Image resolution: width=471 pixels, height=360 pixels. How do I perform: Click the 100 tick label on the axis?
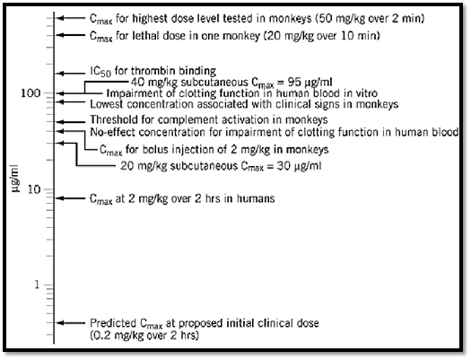(31, 93)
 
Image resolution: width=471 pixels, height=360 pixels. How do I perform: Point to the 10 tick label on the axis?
(34, 189)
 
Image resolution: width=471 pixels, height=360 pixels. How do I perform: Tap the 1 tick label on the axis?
(37, 285)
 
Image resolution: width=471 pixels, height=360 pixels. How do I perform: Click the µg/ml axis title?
(15, 178)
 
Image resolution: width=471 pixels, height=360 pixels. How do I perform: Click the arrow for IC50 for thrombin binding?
(71, 74)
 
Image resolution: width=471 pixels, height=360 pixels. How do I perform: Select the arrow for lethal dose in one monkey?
(71, 35)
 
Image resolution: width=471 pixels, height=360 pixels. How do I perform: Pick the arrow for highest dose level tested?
(71, 18)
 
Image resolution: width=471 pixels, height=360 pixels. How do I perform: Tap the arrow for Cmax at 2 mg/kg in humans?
(71, 198)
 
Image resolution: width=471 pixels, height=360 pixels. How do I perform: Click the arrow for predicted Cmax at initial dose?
(71, 322)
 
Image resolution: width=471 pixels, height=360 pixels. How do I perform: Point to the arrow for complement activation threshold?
(71, 122)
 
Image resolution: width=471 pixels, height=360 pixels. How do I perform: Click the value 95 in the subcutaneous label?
(295, 82)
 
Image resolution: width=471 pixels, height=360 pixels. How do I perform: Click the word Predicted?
(113, 323)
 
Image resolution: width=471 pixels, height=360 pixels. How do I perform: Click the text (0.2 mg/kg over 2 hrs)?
(144, 335)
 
